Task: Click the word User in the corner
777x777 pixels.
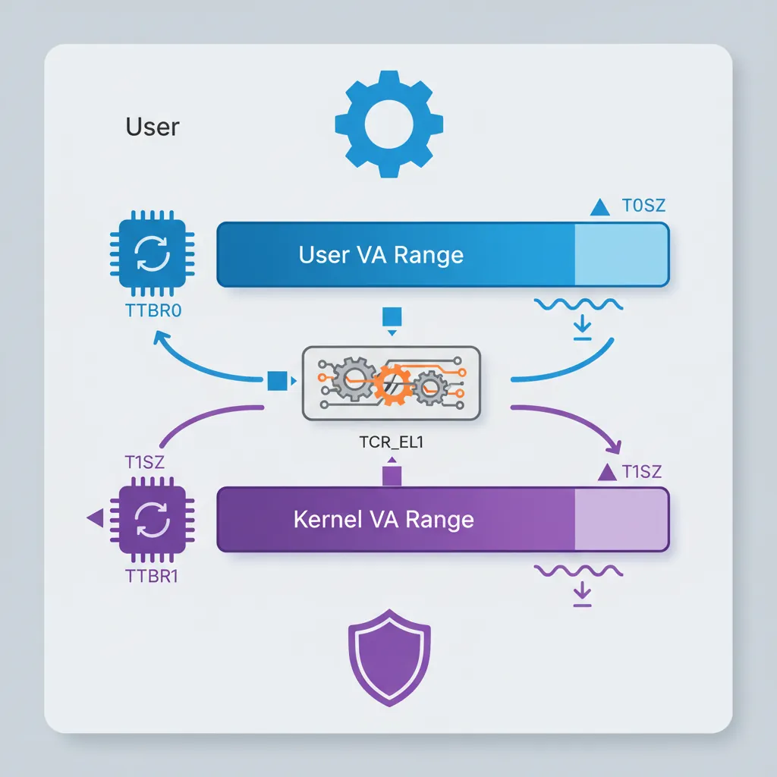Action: [153, 127]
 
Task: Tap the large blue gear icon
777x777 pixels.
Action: [388, 124]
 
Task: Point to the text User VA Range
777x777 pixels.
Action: [381, 255]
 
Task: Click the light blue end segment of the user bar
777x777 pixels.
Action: [621, 255]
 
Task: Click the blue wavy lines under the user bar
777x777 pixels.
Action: [579, 305]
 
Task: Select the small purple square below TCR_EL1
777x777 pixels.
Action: [392, 476]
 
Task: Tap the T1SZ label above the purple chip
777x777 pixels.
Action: [144, 461]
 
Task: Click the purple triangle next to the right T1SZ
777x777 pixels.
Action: [607, 472]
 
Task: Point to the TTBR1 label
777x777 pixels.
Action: [151, 574]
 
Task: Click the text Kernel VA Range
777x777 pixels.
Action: [383, 520]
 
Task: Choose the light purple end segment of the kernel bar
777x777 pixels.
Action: [621, 520]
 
